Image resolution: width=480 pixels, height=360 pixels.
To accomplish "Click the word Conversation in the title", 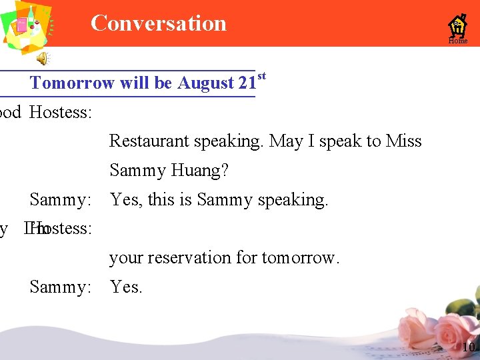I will (x=159, y=23).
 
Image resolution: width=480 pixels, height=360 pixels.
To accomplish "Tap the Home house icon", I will (x=457, y=27).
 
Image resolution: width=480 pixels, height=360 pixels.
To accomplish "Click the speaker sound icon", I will (x=42, y=59).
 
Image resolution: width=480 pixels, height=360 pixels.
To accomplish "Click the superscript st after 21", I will (x=261, y=77).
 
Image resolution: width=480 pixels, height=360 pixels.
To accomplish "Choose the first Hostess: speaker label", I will (x=61, y=112).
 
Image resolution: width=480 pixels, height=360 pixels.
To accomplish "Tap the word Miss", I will (x=404, y=141).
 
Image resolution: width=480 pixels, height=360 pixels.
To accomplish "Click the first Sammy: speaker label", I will (x=60, y=199).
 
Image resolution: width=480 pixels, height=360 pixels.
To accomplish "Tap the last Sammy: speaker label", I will (x=60, y=287).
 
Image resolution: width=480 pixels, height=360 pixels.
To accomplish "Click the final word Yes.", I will (x=126, y=287).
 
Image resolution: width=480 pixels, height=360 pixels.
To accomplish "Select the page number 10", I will (x=468, y=347).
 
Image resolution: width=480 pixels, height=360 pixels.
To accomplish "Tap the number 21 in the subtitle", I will (x=247, y=83).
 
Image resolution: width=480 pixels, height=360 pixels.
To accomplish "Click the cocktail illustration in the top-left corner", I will (x=27, y=27).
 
